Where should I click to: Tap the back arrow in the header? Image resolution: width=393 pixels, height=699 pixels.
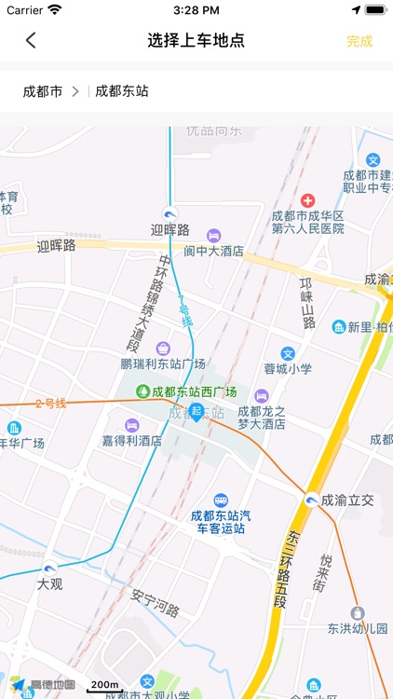[31, 40]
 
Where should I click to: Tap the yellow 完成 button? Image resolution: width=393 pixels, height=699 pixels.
[359, 41]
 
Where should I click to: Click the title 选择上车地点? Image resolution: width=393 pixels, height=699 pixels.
[196, 40]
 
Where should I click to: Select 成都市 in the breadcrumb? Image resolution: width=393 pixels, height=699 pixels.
[43, 91]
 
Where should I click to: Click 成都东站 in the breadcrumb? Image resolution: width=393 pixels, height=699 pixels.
[122, 91]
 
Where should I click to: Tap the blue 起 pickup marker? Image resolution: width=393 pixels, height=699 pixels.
[196, 411]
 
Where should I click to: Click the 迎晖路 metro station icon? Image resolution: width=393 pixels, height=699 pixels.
[169, 212]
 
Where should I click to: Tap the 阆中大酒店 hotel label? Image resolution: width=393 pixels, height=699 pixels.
[213, 251]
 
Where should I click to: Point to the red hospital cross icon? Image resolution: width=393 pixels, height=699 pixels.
[307, 199]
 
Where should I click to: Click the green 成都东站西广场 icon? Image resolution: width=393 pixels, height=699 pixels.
[143, 391]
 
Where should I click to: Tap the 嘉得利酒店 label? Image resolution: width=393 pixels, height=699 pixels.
[132, 440]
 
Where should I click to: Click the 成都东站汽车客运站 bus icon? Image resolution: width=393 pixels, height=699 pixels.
[221, 500]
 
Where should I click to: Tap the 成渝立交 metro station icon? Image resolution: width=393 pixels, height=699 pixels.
[311, 500]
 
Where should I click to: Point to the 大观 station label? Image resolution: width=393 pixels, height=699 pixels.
[50, 584]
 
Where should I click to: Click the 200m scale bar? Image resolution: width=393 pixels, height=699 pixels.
[104, 688]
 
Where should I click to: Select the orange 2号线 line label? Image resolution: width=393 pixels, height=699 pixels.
[50, 404]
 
